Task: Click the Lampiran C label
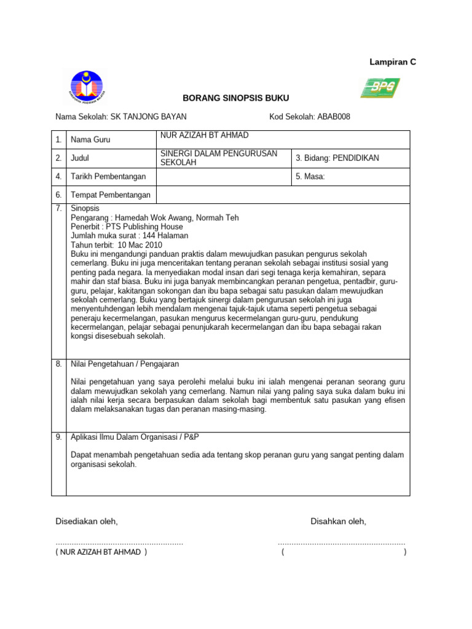coord(392,62)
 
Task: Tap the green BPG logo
coord(380,88)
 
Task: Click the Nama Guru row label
coord(90,140)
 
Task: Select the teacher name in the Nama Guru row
coord(205,135)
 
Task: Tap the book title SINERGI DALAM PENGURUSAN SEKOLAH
coord(219,158)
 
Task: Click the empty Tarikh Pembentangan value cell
coord(224,177)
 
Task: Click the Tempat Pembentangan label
coord(111,195)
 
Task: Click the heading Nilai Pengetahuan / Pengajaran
coord(125,364)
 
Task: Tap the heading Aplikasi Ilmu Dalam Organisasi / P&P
coord(135,437)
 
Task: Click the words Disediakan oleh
coord(86,522)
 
